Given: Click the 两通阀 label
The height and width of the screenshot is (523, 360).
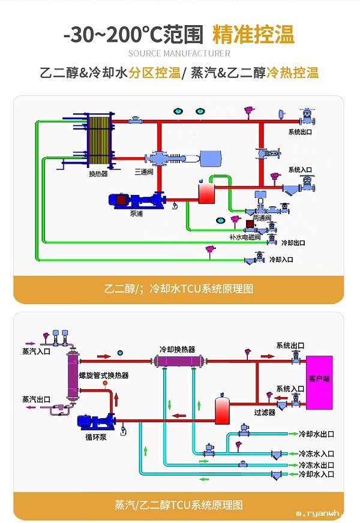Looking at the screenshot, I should (x=262, y=218).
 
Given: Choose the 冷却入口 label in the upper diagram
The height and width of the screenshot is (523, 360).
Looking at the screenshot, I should (x=281, y=260).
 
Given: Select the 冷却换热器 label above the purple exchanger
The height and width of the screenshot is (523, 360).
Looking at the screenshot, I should (x=177, y=348).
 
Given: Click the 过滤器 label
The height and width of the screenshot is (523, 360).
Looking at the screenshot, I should (x=264, y=412).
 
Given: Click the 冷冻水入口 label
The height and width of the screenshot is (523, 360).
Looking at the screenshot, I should (x=316, y=453).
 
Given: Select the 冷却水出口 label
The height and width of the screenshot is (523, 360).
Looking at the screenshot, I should (x=316, y=434).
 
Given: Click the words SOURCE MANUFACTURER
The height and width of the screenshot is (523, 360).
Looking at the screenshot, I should (x=179, y=54).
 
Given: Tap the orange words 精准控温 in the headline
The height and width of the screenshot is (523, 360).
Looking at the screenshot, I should (x=254, y=35).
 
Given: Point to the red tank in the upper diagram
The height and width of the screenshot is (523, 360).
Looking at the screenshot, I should (x=206, y=193).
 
